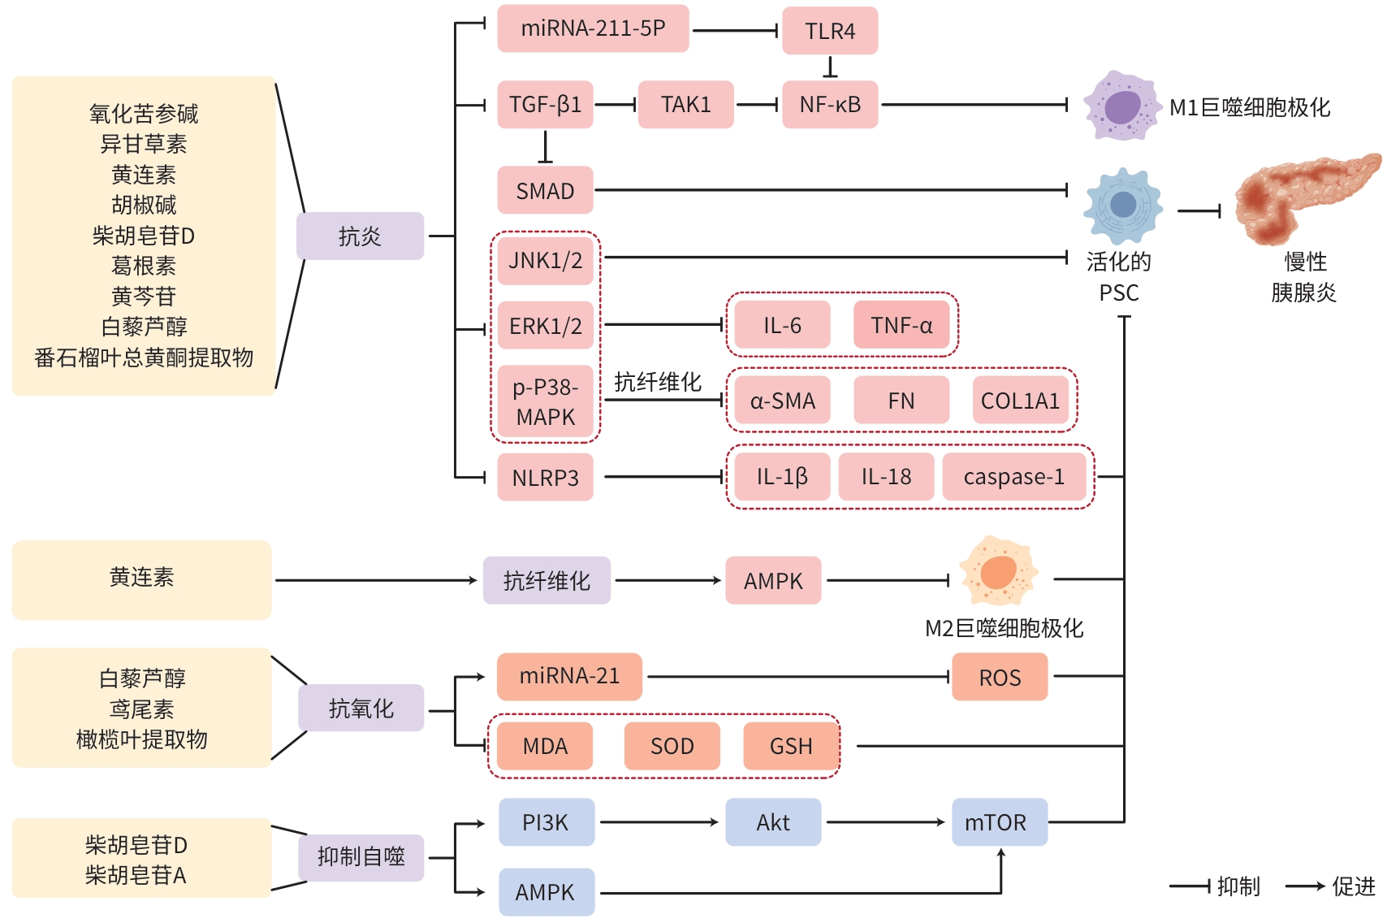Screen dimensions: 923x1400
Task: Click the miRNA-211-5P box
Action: pyautogui.click(x=593, y=28)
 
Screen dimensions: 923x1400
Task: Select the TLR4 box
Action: pyautogui.click(x=830, y=31)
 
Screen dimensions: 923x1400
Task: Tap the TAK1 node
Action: pyautogui.click(x=685, y=105)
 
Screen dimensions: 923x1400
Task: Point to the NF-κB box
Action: pyautogui.click(x=830, y=105)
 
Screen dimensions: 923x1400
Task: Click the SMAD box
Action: pyautogui.click(x=545, y=191)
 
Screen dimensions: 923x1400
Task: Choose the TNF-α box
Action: pyautogui.click(x=901, y=325)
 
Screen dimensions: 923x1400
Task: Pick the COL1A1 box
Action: pyautogui.click(x=1020, y=401)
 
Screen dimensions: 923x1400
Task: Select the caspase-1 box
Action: pyautogui.click(x=1013, y=477)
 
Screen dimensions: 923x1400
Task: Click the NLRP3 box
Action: pyautogui.click(x=545, y=478)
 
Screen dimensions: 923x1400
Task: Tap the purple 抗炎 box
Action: pyautogui.click(x=360, y=236)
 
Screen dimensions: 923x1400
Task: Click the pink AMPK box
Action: pyautogui.click(x=773, y=581)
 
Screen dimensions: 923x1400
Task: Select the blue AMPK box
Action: pyautogui.click(x=546, y=892)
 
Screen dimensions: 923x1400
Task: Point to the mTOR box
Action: pyautogui.click(x=999, y=822)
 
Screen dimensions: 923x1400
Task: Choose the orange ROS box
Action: pyautogui.click(x=1000, y=678)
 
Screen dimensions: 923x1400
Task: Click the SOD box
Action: pyautogui.click(x=672, y=746)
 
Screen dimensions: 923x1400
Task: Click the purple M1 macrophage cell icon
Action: pyautogui.click(x=1121, y=106)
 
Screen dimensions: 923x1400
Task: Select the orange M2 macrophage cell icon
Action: pyautogui.click(x=999, y=570)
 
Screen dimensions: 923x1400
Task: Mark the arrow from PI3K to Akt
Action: pyautogui.click(x=659, y=822)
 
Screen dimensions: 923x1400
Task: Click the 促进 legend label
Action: pyautogui.click(x=1354, y=886)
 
